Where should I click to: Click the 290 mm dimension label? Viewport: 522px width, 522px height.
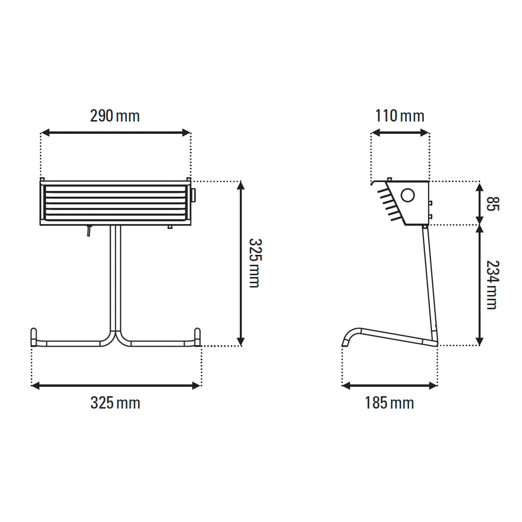pyautogui.click(x=115, y=116)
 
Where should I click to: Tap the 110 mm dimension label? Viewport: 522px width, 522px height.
pyautogui.click(x=400, y=116)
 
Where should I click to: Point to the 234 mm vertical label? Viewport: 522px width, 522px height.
pyautogui.click(x=492, y=285)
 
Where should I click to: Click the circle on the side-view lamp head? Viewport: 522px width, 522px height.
pyautogui.click(x=407, y=195)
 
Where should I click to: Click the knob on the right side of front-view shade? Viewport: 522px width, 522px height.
pyautogui.click(x=193, y=195)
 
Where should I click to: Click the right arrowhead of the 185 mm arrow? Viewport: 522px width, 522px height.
pyautogui.click(x=433, y=386)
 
